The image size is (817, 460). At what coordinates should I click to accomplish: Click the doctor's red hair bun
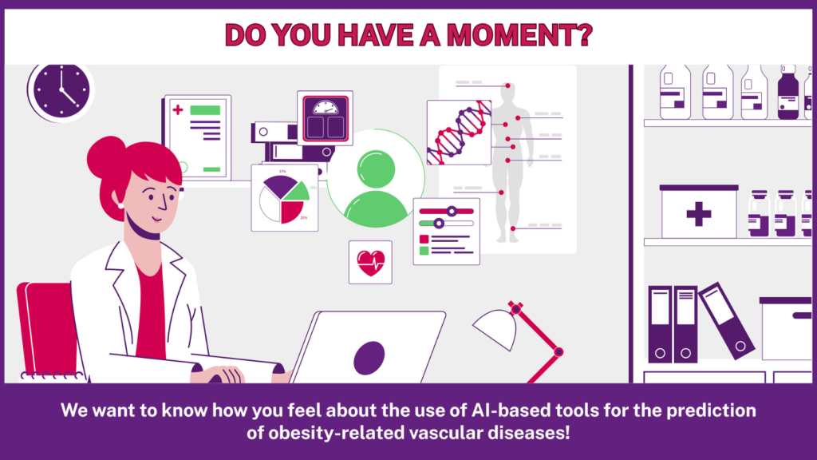pyautogui.click(x=106, y=157)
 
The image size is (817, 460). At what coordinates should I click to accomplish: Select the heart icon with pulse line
pyautogui.click(x=370, y=263)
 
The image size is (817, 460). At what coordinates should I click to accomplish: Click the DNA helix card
pyautogui.click(x=459, y=133)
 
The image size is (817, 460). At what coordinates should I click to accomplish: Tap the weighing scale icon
pyautogui.click(x=326, y=118)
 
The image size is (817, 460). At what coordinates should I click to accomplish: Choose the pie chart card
pyautogui.click(x=285, y=198)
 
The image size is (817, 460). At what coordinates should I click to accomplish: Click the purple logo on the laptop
pyautogui.click(x=369, y=358)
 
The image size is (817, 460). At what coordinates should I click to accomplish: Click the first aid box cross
pyautogui.click(x=699, y=214)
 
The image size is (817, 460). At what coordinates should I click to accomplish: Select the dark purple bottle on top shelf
pyautogui.click(x=787, y=93)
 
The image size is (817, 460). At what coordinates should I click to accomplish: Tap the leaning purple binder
pyautogui.click(x=726, y=321)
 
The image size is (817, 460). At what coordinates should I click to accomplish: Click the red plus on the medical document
pyautogui.click(x=178, y=110)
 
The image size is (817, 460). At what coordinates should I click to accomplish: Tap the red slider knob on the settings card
pyautogui.click(x=452, y=211)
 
